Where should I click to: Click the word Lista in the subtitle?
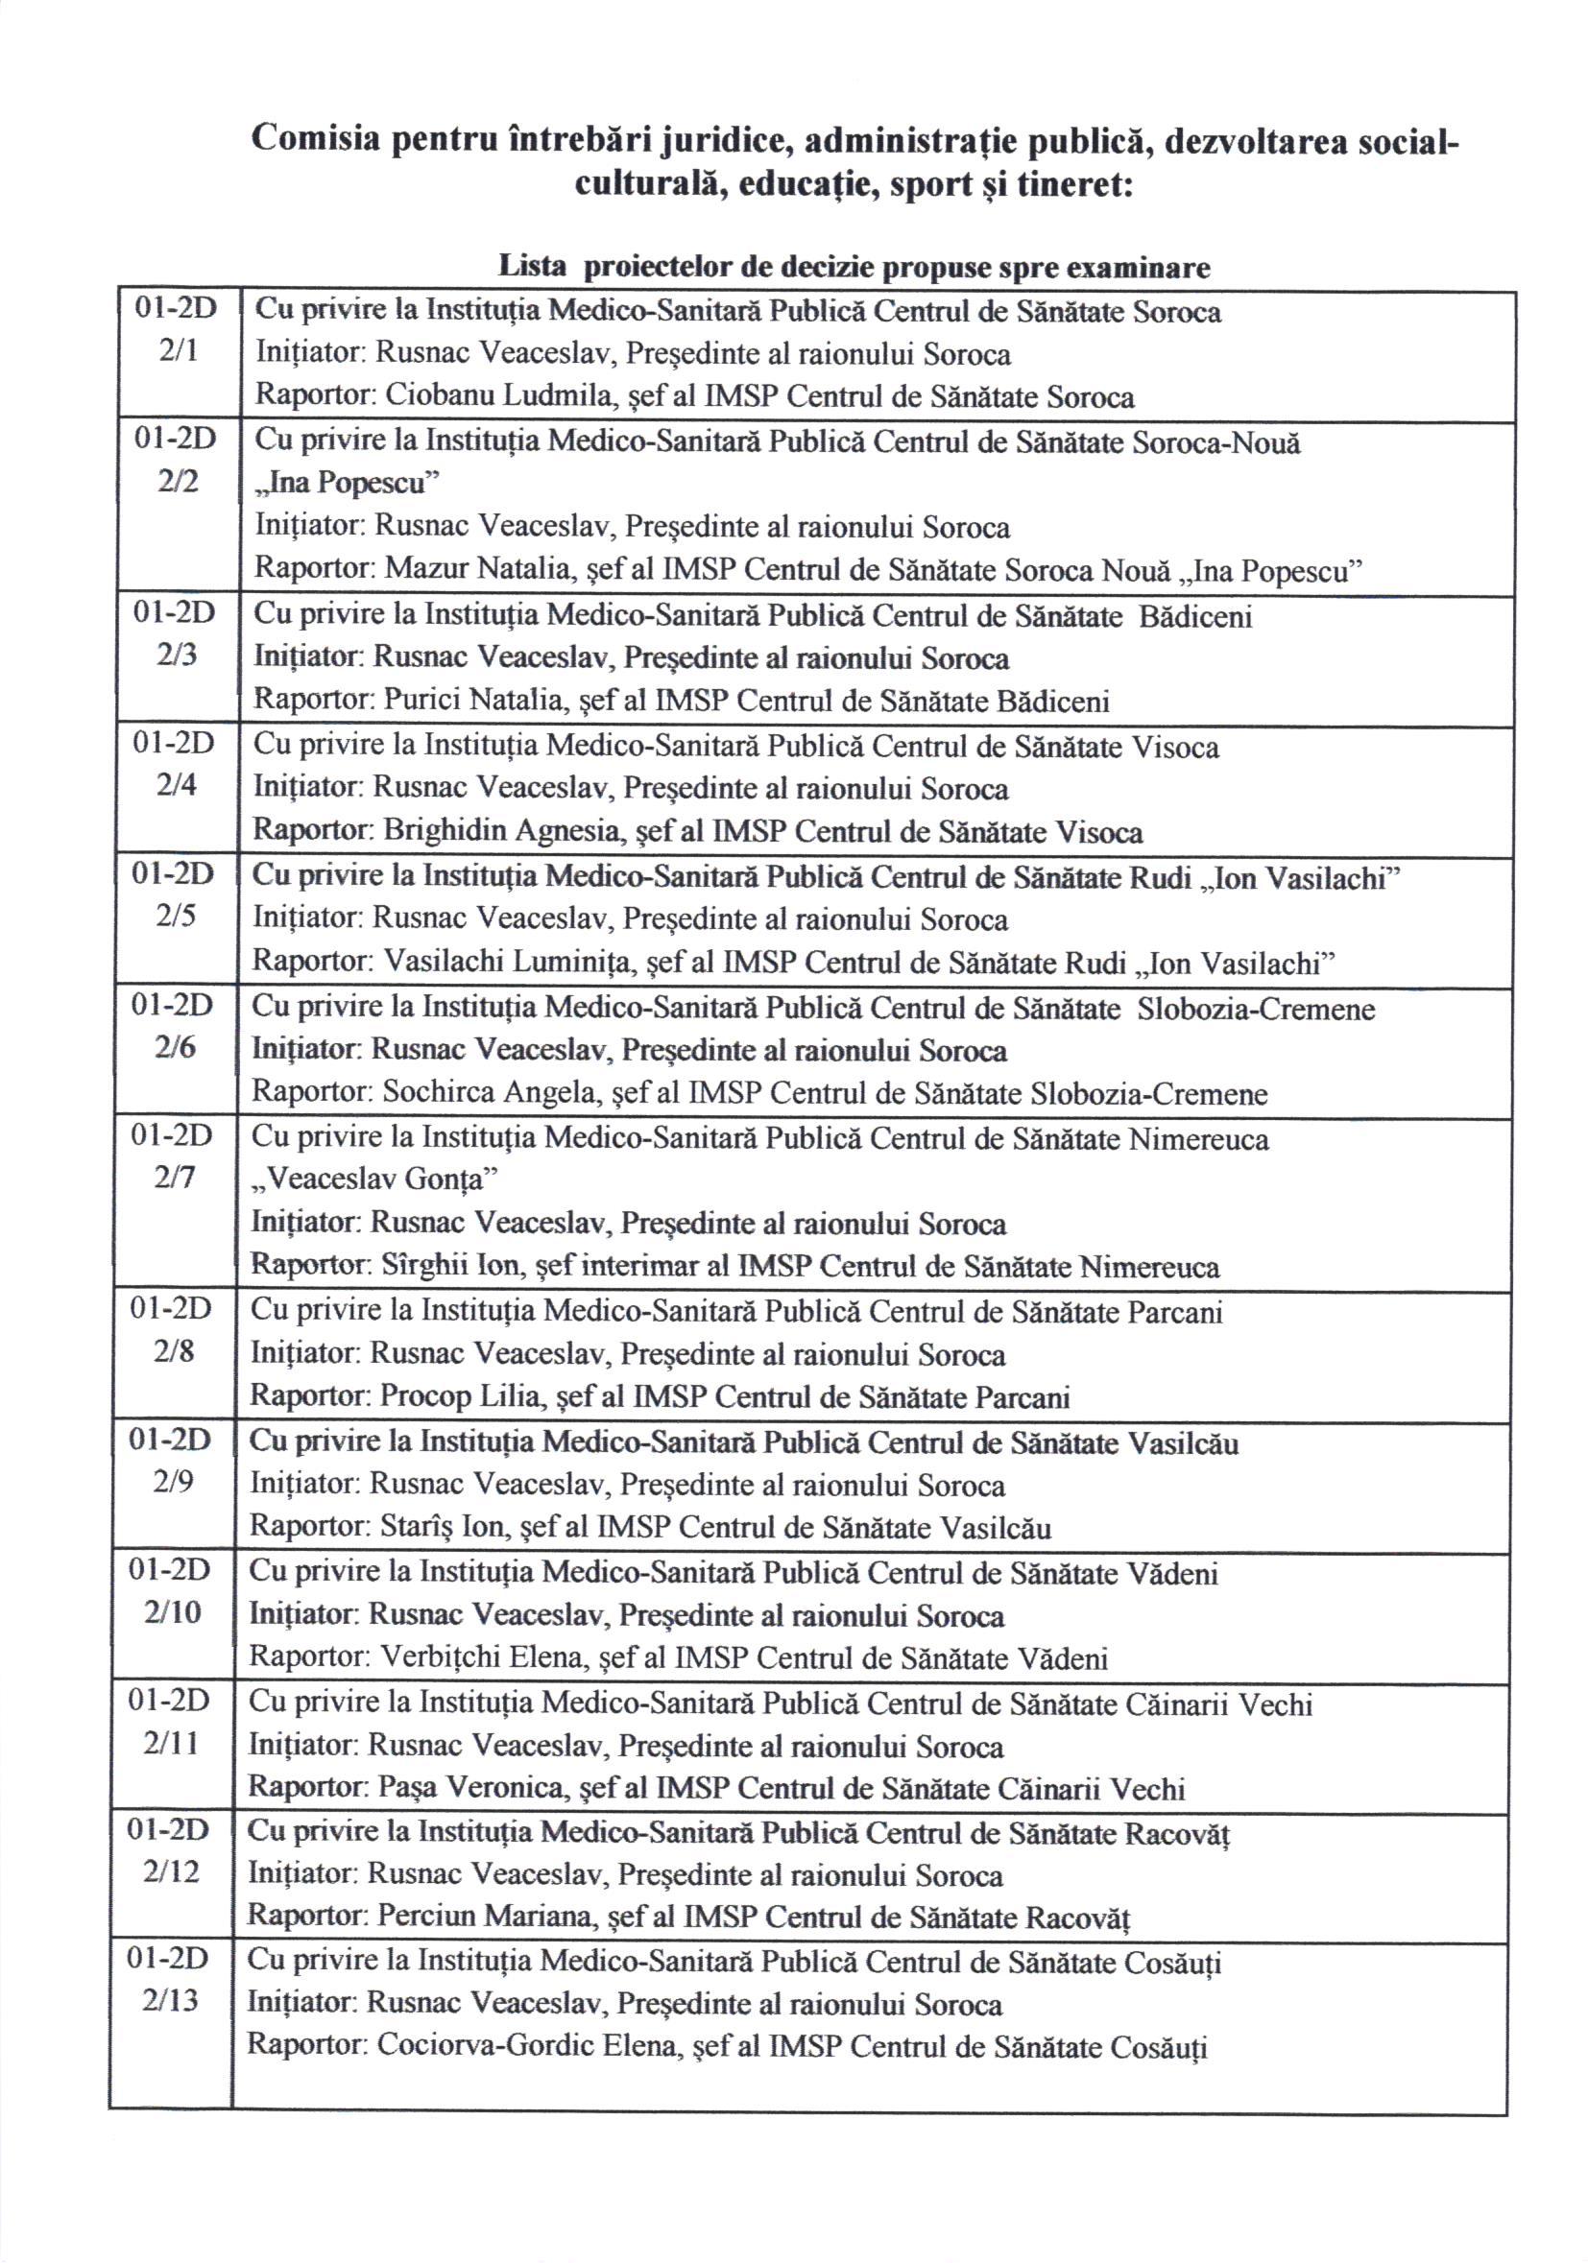(532, 267)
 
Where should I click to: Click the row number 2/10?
(172, 1611)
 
